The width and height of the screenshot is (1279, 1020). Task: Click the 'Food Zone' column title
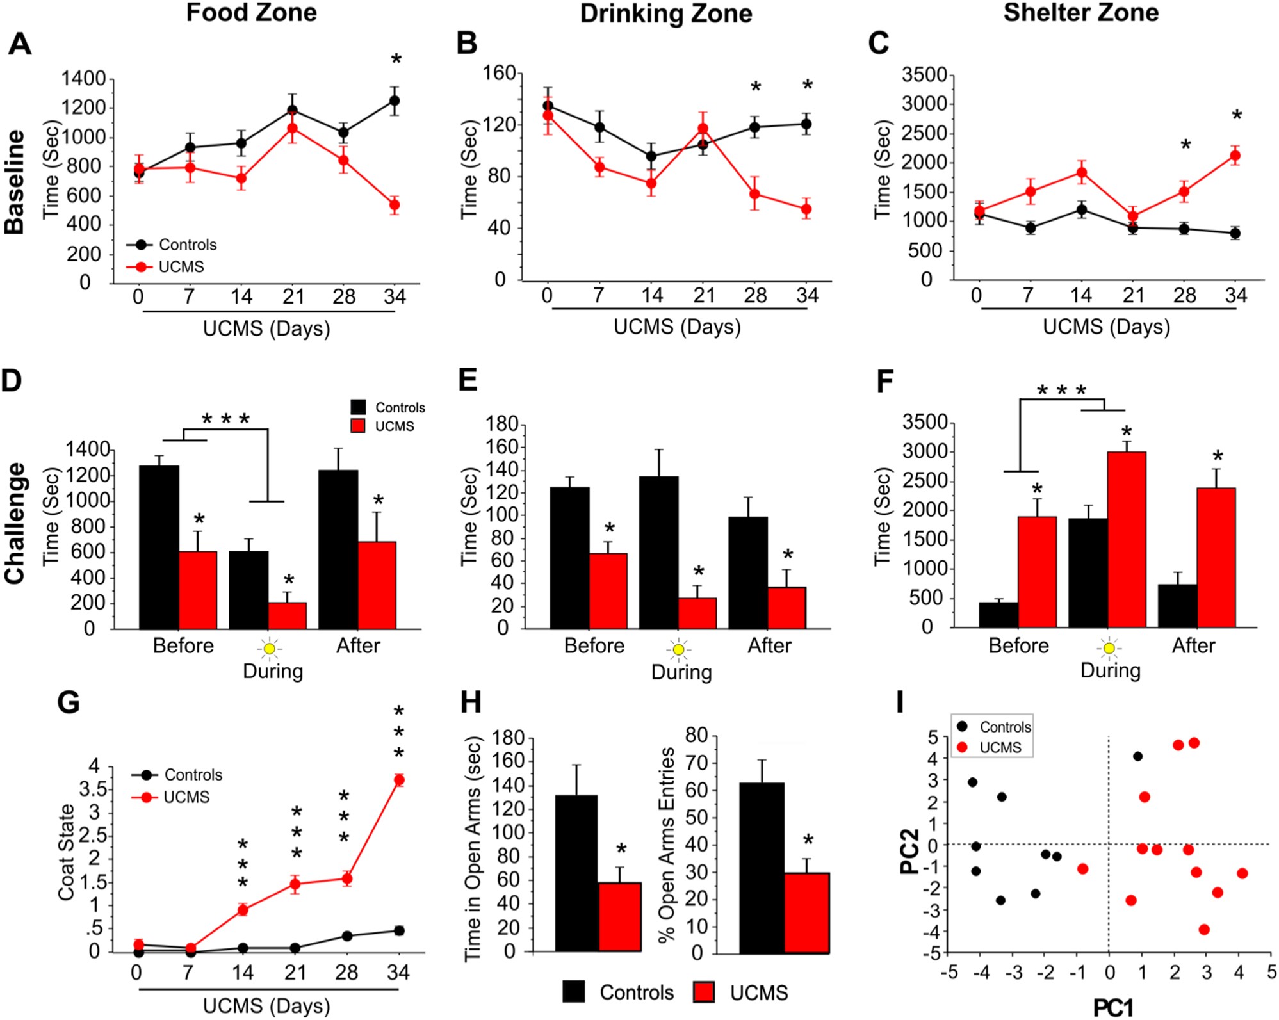click(251, 13)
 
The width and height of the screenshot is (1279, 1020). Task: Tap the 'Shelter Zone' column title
click(1080, 13)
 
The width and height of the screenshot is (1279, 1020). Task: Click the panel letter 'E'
click(468, 380)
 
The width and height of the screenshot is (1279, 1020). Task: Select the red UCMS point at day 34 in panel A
click(395, 206)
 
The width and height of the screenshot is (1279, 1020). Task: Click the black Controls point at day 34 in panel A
click(395, 101)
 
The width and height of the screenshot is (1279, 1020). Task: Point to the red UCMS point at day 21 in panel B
click(703, 129)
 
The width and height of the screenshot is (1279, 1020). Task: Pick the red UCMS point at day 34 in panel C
click(1235, 156)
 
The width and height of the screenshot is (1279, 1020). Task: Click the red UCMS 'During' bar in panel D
click(287, 615)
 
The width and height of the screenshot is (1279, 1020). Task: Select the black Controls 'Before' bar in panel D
click(159, 547)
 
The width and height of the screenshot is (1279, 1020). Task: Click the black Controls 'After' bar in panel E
click(748, 572)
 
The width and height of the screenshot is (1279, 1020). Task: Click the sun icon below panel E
click(679, 650)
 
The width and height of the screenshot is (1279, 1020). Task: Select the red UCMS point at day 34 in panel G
click(399, 780)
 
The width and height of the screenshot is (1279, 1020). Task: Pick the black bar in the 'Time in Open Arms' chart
click(576, 873)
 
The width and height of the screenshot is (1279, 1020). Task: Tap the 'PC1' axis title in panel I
click(1112, 1008)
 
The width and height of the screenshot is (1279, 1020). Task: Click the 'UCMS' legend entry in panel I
click(1000, 747)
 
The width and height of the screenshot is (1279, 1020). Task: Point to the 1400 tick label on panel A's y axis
click(83, 79)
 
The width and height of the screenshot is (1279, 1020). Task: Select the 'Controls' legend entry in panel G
click(193, 775)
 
